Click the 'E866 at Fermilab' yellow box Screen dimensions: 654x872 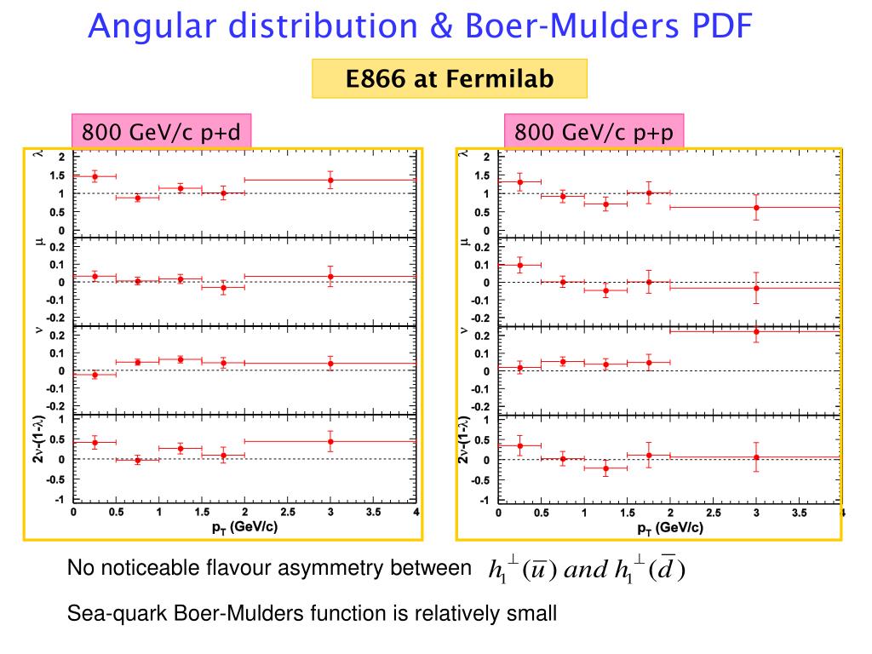(450, 79)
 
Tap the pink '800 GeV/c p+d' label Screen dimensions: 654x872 (160, 133)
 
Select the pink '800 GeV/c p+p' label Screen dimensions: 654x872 (595, 133)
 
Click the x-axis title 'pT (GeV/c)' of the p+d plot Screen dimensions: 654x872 (244, 527)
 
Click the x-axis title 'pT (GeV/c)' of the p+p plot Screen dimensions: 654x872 (669, 527)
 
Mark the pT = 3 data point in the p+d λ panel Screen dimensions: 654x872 (330, 180)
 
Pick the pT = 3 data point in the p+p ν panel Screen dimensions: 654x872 (756, 331)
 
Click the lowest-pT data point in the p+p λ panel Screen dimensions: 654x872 (520, 181)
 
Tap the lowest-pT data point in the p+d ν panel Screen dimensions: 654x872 (95, 375)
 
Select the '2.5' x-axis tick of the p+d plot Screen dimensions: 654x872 (288, 513)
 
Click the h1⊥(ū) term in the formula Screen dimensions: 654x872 (523, 570)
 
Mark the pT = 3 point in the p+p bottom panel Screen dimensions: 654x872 (756, 457)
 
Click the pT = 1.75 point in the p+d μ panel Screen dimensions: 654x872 (223, 288)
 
